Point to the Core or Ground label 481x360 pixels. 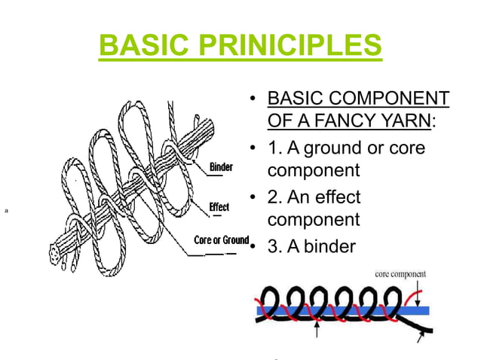click(x=221, y=240)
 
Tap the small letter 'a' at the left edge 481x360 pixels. click(x=7, y=212)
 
